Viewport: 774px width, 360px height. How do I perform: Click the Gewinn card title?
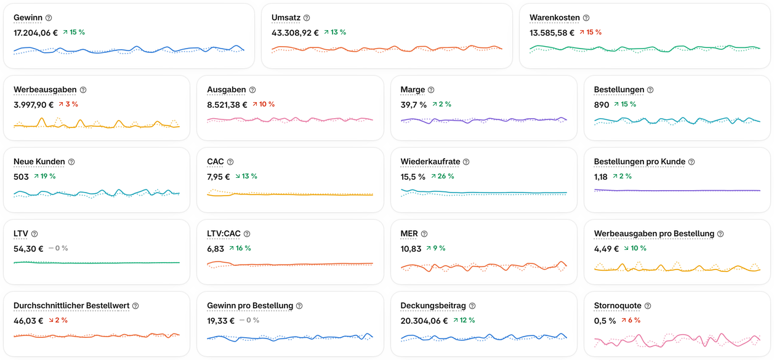[x=28, y=18]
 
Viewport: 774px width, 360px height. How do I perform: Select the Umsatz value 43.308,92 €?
[x=295, y=33]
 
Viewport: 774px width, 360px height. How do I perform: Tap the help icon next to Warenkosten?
[x=586, y=18]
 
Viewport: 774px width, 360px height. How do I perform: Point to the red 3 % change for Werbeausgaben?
[x=68, y=104]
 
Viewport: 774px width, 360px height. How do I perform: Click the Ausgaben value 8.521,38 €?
[x=227, y=105]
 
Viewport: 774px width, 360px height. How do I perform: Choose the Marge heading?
[x=413, y=90]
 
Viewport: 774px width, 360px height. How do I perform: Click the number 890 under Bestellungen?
[x=601, y=105]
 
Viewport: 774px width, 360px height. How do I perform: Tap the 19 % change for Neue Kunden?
[x=44, y=176]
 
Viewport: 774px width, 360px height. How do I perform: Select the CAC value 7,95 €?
[x=219, y=177]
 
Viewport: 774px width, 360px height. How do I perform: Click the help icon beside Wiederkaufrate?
[x=466, y=162]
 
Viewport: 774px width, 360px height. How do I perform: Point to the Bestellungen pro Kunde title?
[x=640, y=162]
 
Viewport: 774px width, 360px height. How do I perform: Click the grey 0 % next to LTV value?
[x=58, y=248]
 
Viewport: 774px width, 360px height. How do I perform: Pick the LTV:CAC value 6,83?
[x=216, y=249]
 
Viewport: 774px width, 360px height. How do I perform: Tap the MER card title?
[x=409, y=234]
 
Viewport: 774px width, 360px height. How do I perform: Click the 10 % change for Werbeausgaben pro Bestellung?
[x=635, y=248]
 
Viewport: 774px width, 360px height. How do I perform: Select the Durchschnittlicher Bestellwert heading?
[x=71, y=306]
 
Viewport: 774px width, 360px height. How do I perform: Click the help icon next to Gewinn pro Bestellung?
[x=299, y=306]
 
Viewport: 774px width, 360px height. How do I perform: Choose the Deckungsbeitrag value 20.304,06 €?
[x=424, y=321]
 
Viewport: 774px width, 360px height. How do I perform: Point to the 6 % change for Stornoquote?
[x=631, y=320]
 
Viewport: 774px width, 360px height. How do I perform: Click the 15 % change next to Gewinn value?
[x=74, y=32]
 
